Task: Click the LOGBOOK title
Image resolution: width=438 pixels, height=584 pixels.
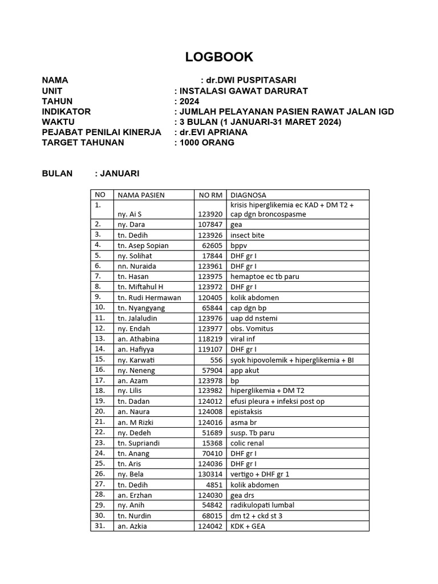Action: tap(219, 57)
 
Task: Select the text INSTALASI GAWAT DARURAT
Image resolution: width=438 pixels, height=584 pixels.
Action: tap(244, 91)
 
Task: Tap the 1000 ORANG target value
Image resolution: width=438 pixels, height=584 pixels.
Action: tap(207, 143)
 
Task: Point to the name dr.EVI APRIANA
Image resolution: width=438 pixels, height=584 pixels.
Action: tap(214, 132)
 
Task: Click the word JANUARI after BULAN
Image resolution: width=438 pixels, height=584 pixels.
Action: tap(120, 173)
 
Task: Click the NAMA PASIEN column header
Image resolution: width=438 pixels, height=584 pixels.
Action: tap(141, 195)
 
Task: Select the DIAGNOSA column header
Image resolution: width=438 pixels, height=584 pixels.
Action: tap(248, 195)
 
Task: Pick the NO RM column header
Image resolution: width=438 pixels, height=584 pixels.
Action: tap(210, 195)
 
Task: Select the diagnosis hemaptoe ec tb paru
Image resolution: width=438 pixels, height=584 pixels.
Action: tap(265, 277)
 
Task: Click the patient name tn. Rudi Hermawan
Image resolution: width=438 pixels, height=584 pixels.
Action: tap(149, 298)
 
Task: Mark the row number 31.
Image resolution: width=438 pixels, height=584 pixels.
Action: tap(100, 526)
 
